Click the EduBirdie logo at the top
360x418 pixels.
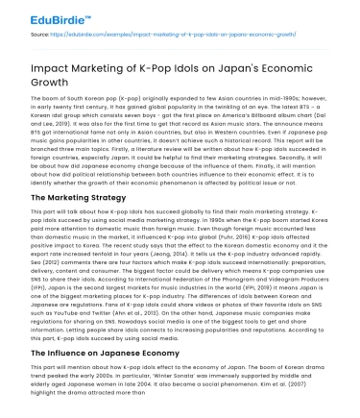click(42, 13)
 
